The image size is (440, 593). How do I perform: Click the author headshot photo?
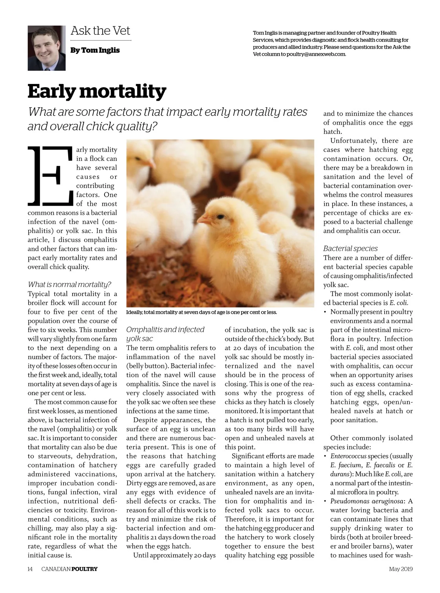coord(47,48)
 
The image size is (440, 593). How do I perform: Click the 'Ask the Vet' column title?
coord(100,31)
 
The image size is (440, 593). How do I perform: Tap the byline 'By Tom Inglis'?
coord(95,50)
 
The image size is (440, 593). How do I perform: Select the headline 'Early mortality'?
coord(97,91)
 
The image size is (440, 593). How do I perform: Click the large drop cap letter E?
coord(50,175)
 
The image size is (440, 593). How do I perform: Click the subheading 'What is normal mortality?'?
coord(69,284)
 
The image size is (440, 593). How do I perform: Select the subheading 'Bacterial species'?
coord(350,248)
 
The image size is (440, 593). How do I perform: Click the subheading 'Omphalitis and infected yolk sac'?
coord(165,334)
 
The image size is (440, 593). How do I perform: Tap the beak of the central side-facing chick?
coord(203,220)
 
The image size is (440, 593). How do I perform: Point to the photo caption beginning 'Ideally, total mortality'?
coord(201,312)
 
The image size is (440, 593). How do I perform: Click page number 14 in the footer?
coord(30,569)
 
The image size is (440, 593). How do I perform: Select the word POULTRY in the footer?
coord(84,569)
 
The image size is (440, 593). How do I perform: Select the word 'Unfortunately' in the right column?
coord(353,141)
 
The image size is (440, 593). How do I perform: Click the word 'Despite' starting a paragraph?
coord(145,420)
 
